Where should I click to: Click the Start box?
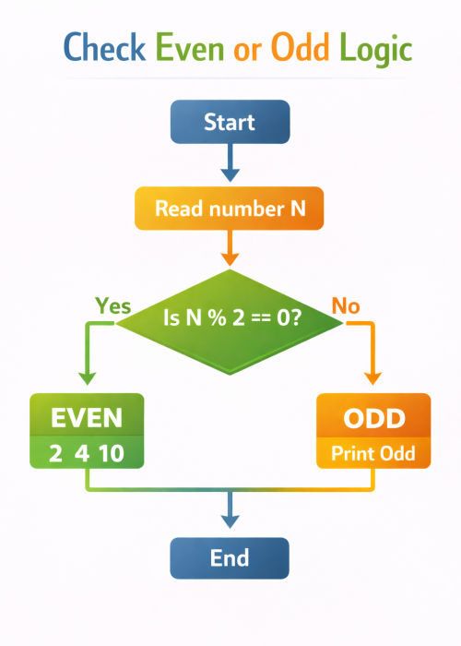click(x=230, y=121)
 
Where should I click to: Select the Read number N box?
click(x=230, y=209)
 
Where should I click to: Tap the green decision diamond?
click(x=230, y=318)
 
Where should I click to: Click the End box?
click(x=230, y=558)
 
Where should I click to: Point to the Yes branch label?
click(x=113, y=306)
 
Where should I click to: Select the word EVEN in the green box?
click(x=87, y=417)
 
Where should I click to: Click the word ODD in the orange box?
click(x=373, y=418)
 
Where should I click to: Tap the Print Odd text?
click(x=373, y=453)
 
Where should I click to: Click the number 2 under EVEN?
click(x=57, y=453)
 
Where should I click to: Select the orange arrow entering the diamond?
click(x=230, y=250)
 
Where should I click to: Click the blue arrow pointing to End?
click(x=230, y=512)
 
